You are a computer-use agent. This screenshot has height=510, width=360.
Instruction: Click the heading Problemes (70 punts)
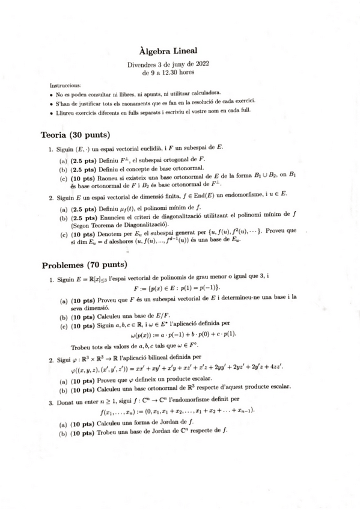(84, 264)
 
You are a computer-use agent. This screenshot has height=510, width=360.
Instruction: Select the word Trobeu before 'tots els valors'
(82, 346)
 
